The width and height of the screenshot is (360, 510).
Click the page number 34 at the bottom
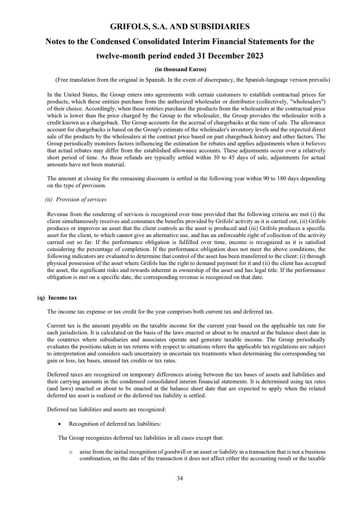point(180,478)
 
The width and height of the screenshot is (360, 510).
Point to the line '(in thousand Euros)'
point(180,69)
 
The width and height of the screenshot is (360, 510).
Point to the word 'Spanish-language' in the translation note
point(273,80)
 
